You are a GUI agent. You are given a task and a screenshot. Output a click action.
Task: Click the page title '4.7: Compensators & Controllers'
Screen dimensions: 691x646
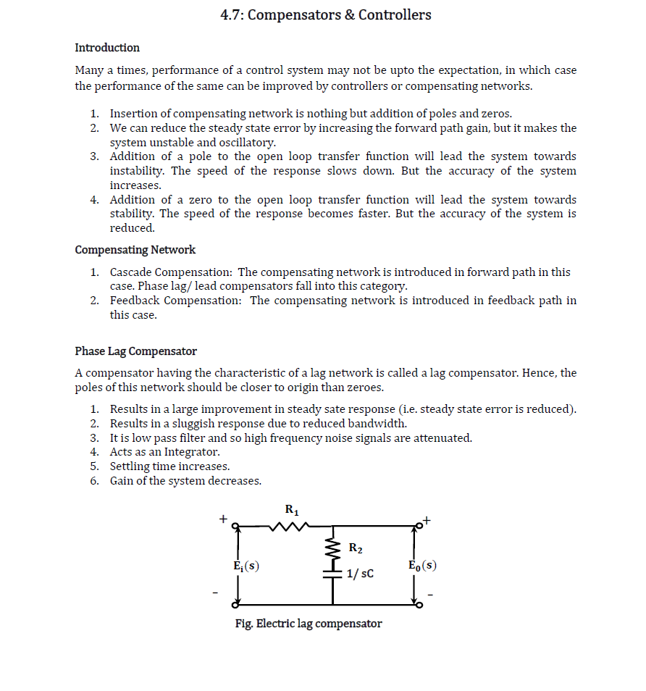tap(325, 14)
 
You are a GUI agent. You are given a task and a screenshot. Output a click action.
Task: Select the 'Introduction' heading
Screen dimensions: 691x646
tap(107, 48)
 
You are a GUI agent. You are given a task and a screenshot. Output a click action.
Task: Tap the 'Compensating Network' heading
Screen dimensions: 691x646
tap(135, 250)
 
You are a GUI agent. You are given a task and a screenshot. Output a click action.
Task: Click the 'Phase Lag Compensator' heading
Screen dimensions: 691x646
tap(135, 351)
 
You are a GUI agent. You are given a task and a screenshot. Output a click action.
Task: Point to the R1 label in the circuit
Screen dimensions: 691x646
tap(291, 510)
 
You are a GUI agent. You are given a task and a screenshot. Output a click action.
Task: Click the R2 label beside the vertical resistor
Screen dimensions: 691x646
tap(356, 548)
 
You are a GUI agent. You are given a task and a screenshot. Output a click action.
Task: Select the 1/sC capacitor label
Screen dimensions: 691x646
tap(360, 574)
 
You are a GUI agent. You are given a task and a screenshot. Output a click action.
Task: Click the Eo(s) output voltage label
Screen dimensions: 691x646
tap(422, 565)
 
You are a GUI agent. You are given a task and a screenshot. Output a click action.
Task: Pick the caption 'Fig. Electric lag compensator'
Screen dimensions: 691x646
tap(309, 624)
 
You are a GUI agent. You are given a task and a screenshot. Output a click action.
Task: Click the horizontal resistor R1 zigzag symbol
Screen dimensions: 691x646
tap(290, 527)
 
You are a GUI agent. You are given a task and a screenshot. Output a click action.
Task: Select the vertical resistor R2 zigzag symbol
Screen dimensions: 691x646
tap(333, 548)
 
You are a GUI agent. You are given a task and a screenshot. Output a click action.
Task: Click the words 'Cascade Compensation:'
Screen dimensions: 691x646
tap(171, 272)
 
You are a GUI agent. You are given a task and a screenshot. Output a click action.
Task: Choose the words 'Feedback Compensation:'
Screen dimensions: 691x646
tap(176, 301)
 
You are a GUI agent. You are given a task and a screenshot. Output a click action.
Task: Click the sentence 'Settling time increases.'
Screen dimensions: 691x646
tap(169, 466)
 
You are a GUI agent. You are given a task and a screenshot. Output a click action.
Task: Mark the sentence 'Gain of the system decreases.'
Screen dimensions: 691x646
tap(185, 481)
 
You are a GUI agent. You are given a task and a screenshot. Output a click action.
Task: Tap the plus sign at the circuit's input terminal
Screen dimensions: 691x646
tap(224, 519)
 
